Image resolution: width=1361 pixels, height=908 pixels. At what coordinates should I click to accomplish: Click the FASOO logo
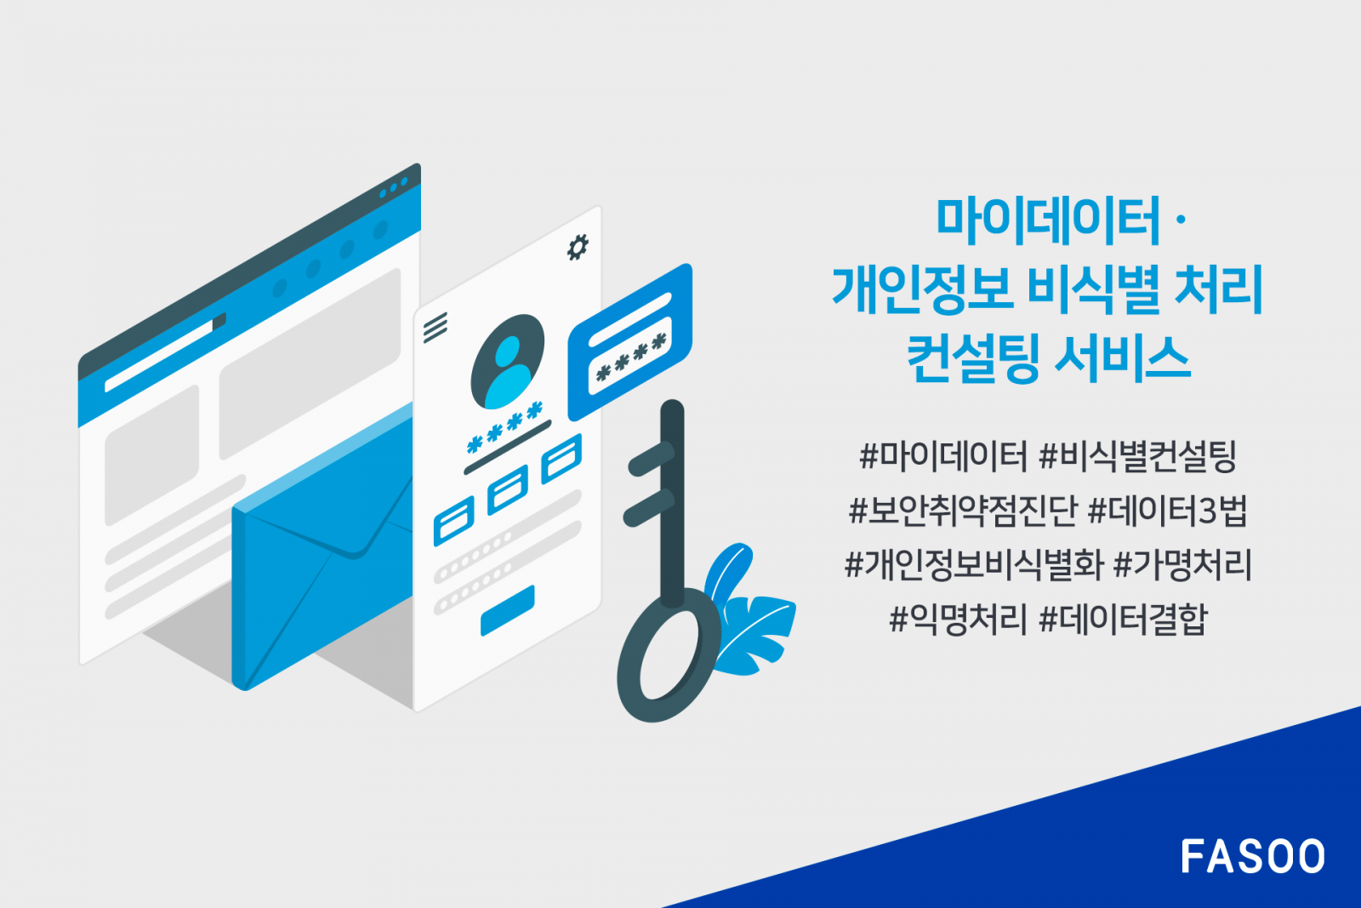coord(1252,856)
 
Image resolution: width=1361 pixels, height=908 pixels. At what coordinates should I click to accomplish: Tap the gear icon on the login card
coord(578,247)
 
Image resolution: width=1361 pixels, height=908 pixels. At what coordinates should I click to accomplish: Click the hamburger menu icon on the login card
coord(436,326)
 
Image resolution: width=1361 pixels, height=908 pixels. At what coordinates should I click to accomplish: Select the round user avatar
coord(508,363)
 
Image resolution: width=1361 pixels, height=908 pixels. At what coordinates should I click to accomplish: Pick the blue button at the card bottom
coord(508,611)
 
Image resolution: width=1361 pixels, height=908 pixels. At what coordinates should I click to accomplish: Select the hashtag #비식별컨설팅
coord(1137,457)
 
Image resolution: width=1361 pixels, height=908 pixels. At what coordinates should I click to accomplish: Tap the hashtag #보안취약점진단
coord(962,511)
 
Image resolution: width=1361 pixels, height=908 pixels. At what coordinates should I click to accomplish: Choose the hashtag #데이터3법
coord(1167,511)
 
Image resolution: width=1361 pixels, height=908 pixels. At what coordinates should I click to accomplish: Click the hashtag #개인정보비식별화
coord(973,564)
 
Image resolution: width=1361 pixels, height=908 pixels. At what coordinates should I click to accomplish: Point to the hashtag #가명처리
coord(1182,564)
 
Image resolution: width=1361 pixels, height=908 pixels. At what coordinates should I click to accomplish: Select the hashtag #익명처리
coord(958,619)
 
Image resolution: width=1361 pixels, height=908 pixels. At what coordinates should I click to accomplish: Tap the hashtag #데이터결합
coord(1123,619)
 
